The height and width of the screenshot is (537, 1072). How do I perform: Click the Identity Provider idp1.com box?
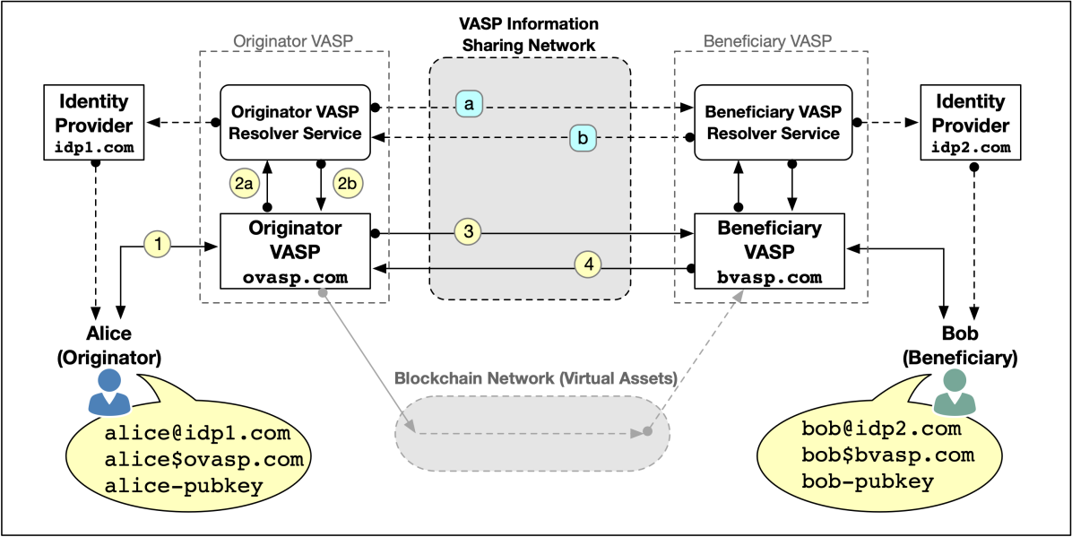(x=94, y=124)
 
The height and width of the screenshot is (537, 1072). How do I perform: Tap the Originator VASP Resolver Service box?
(x=296, y=123)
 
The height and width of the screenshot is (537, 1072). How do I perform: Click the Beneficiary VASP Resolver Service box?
(x=773, y=123)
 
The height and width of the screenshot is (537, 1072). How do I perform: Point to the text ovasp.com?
(x=295, y=277)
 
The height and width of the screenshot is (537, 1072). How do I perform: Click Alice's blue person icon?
(x=109, y=392)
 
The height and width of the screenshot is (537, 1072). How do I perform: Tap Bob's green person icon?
(x=951, y=393)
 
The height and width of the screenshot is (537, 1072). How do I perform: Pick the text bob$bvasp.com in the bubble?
(x=886, y=455)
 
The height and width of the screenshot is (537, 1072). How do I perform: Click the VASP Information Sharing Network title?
(x=530, y=34)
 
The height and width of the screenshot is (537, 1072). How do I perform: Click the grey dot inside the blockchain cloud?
(x=647, y=431)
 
